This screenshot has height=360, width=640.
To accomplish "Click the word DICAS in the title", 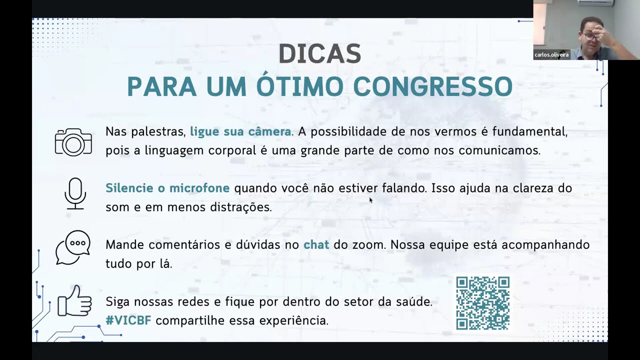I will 319,54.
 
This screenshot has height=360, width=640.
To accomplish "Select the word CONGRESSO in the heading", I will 432,86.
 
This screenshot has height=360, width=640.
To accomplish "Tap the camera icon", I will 73,142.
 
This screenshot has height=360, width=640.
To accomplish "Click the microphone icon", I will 75,193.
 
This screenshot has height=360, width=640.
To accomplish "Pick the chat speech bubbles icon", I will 73,247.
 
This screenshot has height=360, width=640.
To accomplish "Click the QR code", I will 482,303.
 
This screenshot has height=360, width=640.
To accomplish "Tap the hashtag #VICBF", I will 128,320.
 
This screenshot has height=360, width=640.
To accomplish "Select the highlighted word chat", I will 316,245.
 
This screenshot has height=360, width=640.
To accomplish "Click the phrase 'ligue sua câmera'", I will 240,132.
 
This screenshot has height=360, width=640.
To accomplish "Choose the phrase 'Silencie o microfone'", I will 167,188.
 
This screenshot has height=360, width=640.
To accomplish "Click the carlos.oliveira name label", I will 551,55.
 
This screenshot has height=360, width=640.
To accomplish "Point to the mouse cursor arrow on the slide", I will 370,200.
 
